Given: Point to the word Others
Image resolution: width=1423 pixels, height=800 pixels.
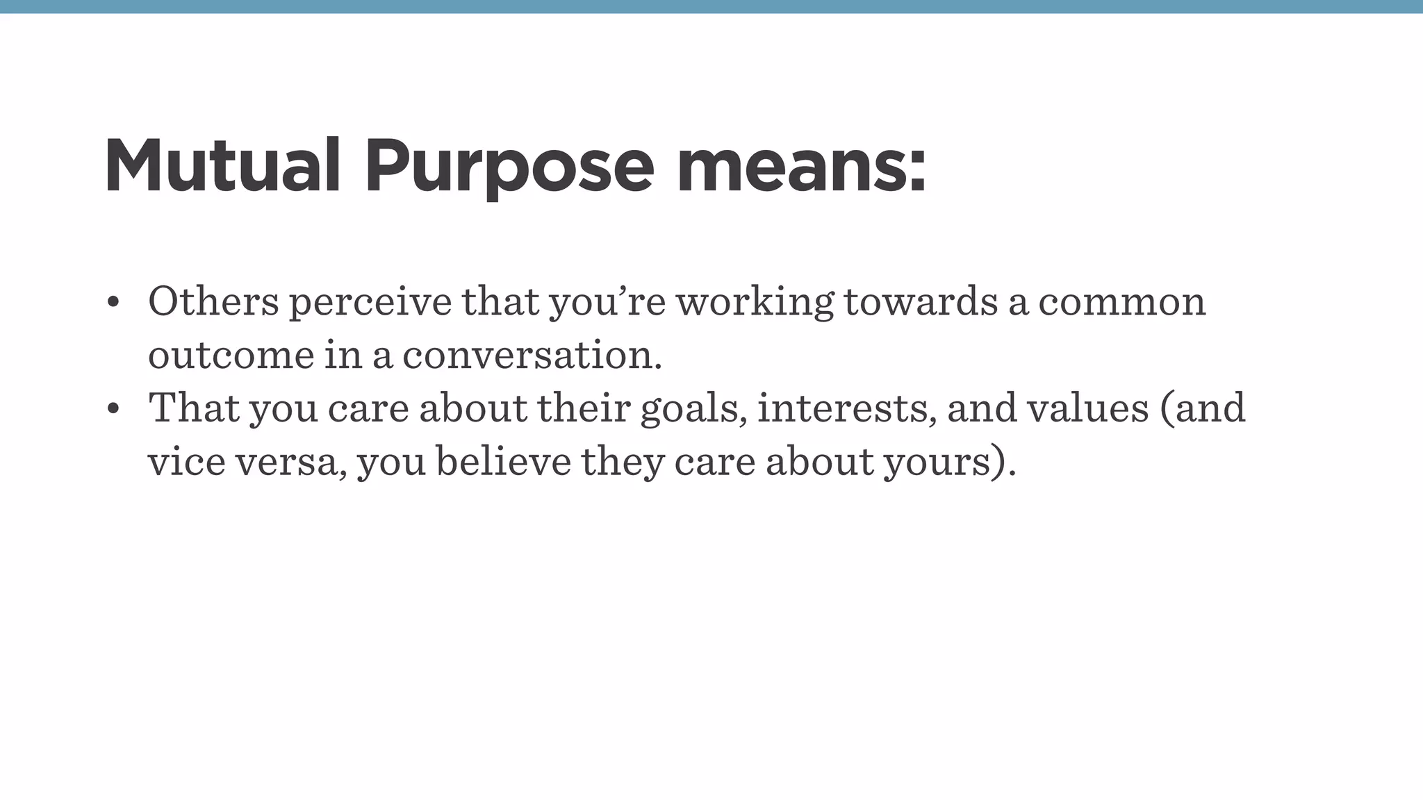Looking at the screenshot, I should coord(213,302).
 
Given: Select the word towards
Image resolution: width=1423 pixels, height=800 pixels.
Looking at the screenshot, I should coord(921,302).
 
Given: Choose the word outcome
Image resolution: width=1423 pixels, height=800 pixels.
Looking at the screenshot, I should coord(231,356).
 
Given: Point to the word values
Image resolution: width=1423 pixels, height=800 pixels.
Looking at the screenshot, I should coord(1088,409).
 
